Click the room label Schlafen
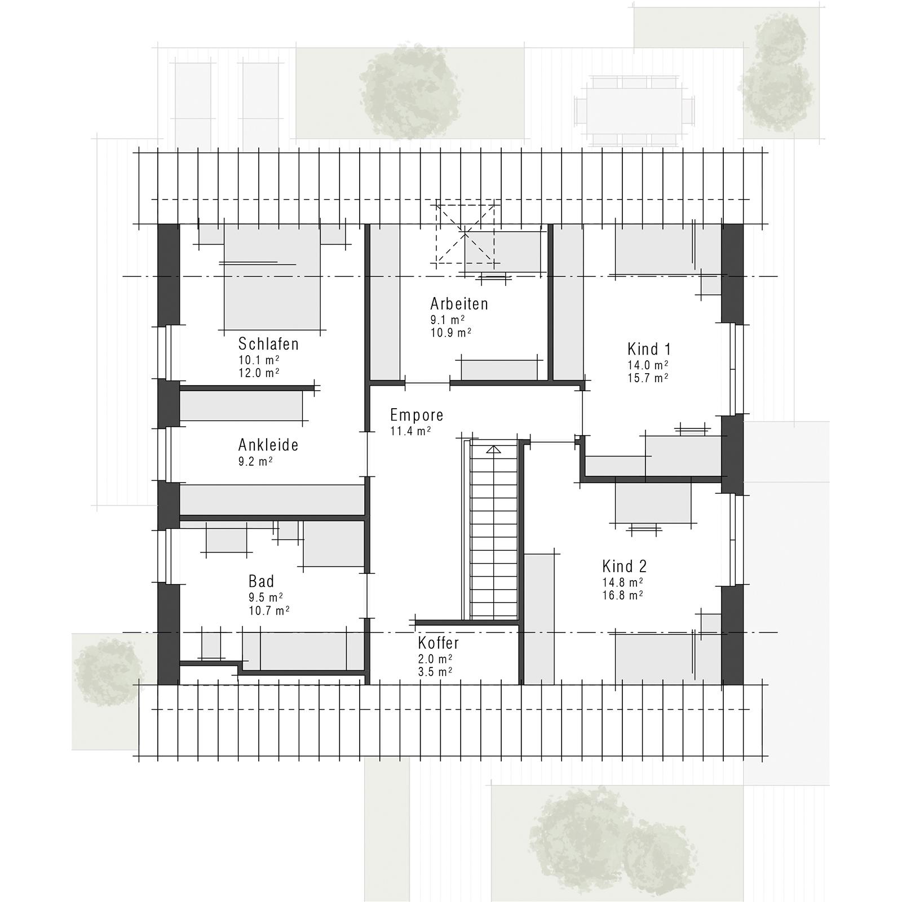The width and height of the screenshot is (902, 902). point(268,344)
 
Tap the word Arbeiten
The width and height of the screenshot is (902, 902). point(459,304)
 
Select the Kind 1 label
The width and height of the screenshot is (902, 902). point(649,348)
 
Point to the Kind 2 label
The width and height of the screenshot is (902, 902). point(625,566)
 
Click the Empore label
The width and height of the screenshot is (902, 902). point(417,415)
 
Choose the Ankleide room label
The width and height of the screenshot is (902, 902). point(268,445)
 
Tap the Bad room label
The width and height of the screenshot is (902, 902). point(262,581)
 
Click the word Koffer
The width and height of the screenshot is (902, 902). point(439,643)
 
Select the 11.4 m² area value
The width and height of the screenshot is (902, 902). point(410,431)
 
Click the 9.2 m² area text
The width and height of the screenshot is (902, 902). point(255,462)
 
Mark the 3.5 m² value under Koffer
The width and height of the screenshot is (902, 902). point(435,672)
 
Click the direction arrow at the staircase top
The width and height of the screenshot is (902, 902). point(494,449)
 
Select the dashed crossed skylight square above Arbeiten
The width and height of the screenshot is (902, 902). point(466,235)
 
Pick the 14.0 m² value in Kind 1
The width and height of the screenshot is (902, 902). point(648,365)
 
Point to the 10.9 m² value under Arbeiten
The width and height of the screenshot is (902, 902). point(451,333)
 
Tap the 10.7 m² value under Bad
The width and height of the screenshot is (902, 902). point(269,611)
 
